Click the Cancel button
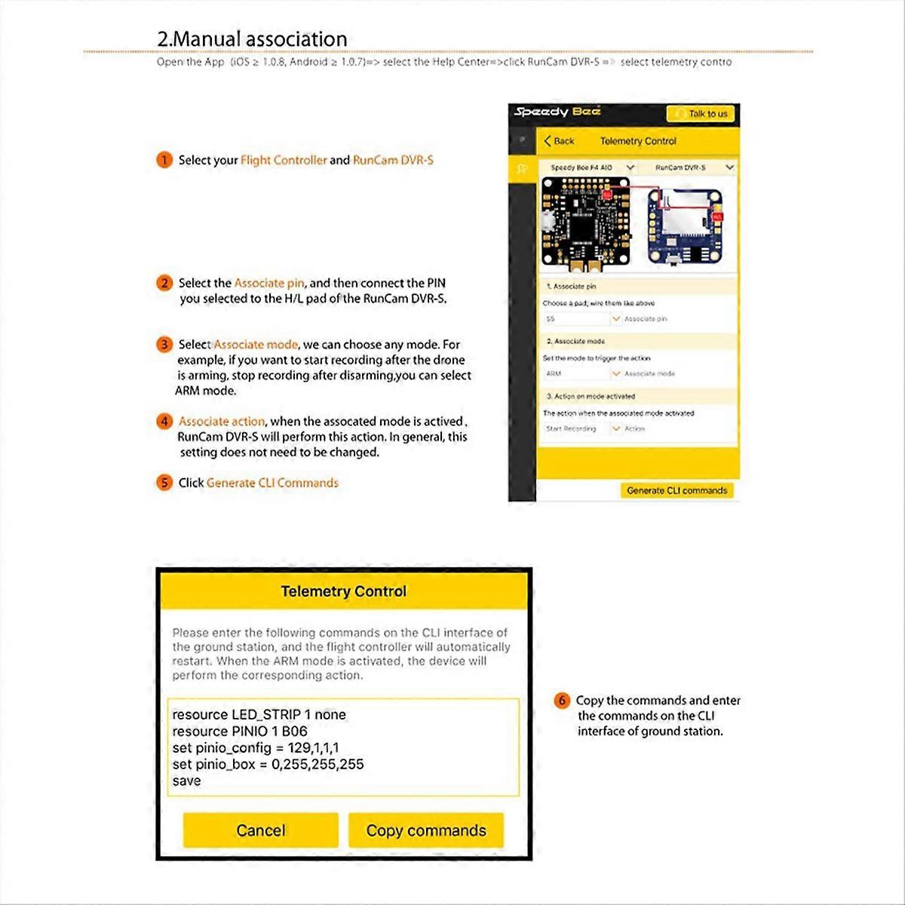(260, 830)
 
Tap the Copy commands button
(426, 830)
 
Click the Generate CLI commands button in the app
(676, 490)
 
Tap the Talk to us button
(701, 114)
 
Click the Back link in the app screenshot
(559, 141)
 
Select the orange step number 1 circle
(164, 160)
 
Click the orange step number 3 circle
(164, 345)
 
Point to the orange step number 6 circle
(562, 701)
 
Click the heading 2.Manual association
(252, 38)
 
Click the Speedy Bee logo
(557, 112)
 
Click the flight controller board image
(585, 223)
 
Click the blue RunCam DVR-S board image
(685, 228)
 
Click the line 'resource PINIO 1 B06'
(240, 731)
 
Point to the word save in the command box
(186, 781)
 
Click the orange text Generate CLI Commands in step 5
(272, 483)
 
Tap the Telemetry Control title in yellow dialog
(343, 592)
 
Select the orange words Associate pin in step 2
(268, 283)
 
